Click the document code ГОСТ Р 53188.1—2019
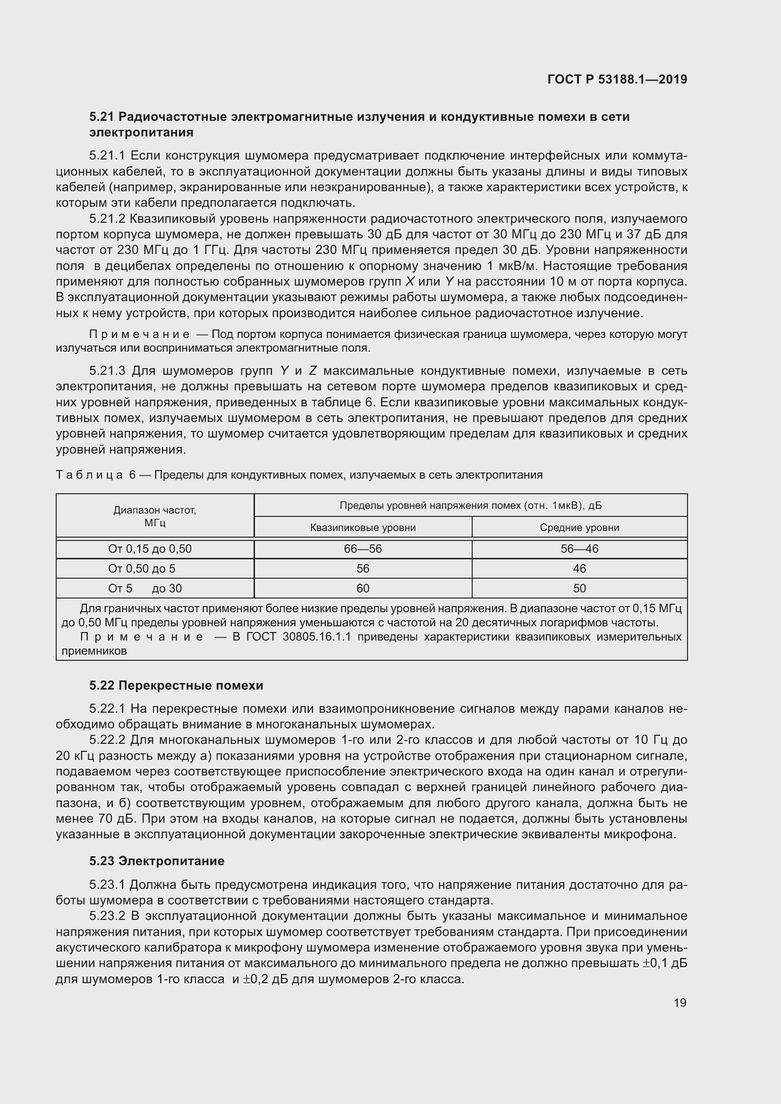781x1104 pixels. pyautogui.click(x=617, y=79)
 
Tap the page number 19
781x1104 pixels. pyautogui.click(x=679, y=1003)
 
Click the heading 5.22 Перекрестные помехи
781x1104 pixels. pyautogui.click(x=176, y=685)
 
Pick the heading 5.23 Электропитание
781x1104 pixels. pyautogui.click(x=157, y=861)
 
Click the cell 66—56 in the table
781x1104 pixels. pyautogui.click(x=363, y=549)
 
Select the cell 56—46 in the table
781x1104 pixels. pyautogui.click(x=579, y=549)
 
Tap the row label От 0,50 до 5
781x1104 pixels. pyautogui.click(x=141, y=569)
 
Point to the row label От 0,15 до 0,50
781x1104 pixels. pyautogui.click(x=150, y=549)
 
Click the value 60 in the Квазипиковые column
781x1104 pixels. pyautogui.click(x=363, y=589)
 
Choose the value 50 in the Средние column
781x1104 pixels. pyautogui.click(x=579, y=589)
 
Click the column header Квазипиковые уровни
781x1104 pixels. pyautogui.click(x=363, y=528)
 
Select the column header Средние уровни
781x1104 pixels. pyautogui.click(x=579, y=528)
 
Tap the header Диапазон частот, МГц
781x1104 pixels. pyautogui.click(x=154, y=516)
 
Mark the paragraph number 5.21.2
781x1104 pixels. pyautogui.click(x=107, y=219)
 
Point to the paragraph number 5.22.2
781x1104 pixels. pyautogui.click(x=107, y=740)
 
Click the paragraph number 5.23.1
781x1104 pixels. pyautogui.click(x=107, y=885)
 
